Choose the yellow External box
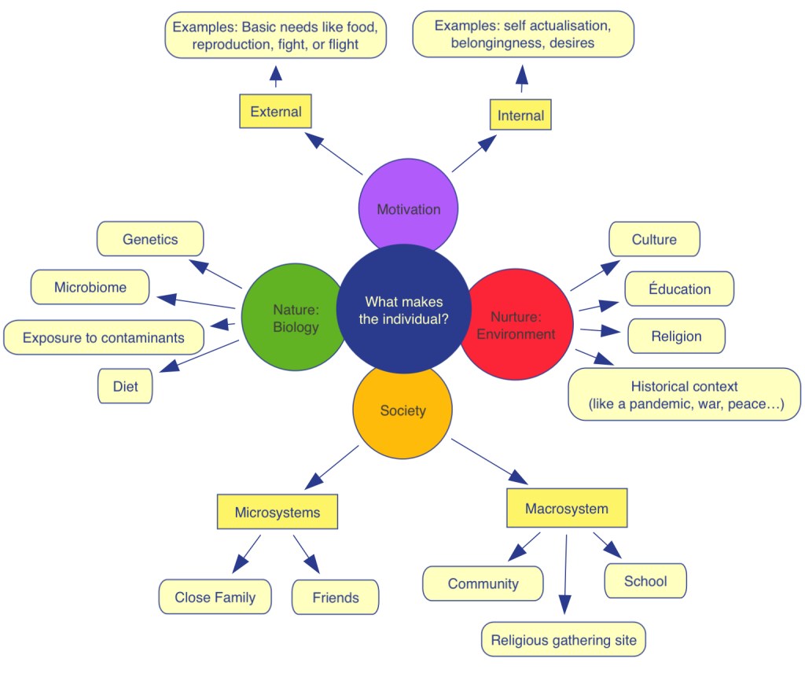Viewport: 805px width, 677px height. click(x=275, y=112)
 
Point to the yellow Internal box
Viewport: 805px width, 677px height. click(x=520, y=116)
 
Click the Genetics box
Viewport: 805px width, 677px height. click(x=150, y=239)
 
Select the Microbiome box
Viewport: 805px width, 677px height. click(x=90, y=287)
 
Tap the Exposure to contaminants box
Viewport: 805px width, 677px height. click(x=104, y=337)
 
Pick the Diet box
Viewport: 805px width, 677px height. click(x=125, y=386)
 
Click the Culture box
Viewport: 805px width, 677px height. click(x=654, y=239)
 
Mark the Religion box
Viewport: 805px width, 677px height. click(x=676, y=336)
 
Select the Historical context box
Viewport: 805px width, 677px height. click(x=684, y=395)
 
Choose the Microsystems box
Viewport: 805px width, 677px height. click(x=278, y=512)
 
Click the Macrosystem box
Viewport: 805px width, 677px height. click(x=566, y=508)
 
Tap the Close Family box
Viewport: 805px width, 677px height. click(x=215, y=597)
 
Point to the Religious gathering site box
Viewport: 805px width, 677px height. click(x=564, y=639)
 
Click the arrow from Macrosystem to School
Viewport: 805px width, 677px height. click(x=607, y=545)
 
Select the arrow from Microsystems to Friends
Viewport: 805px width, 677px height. click(x=307, y=554)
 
